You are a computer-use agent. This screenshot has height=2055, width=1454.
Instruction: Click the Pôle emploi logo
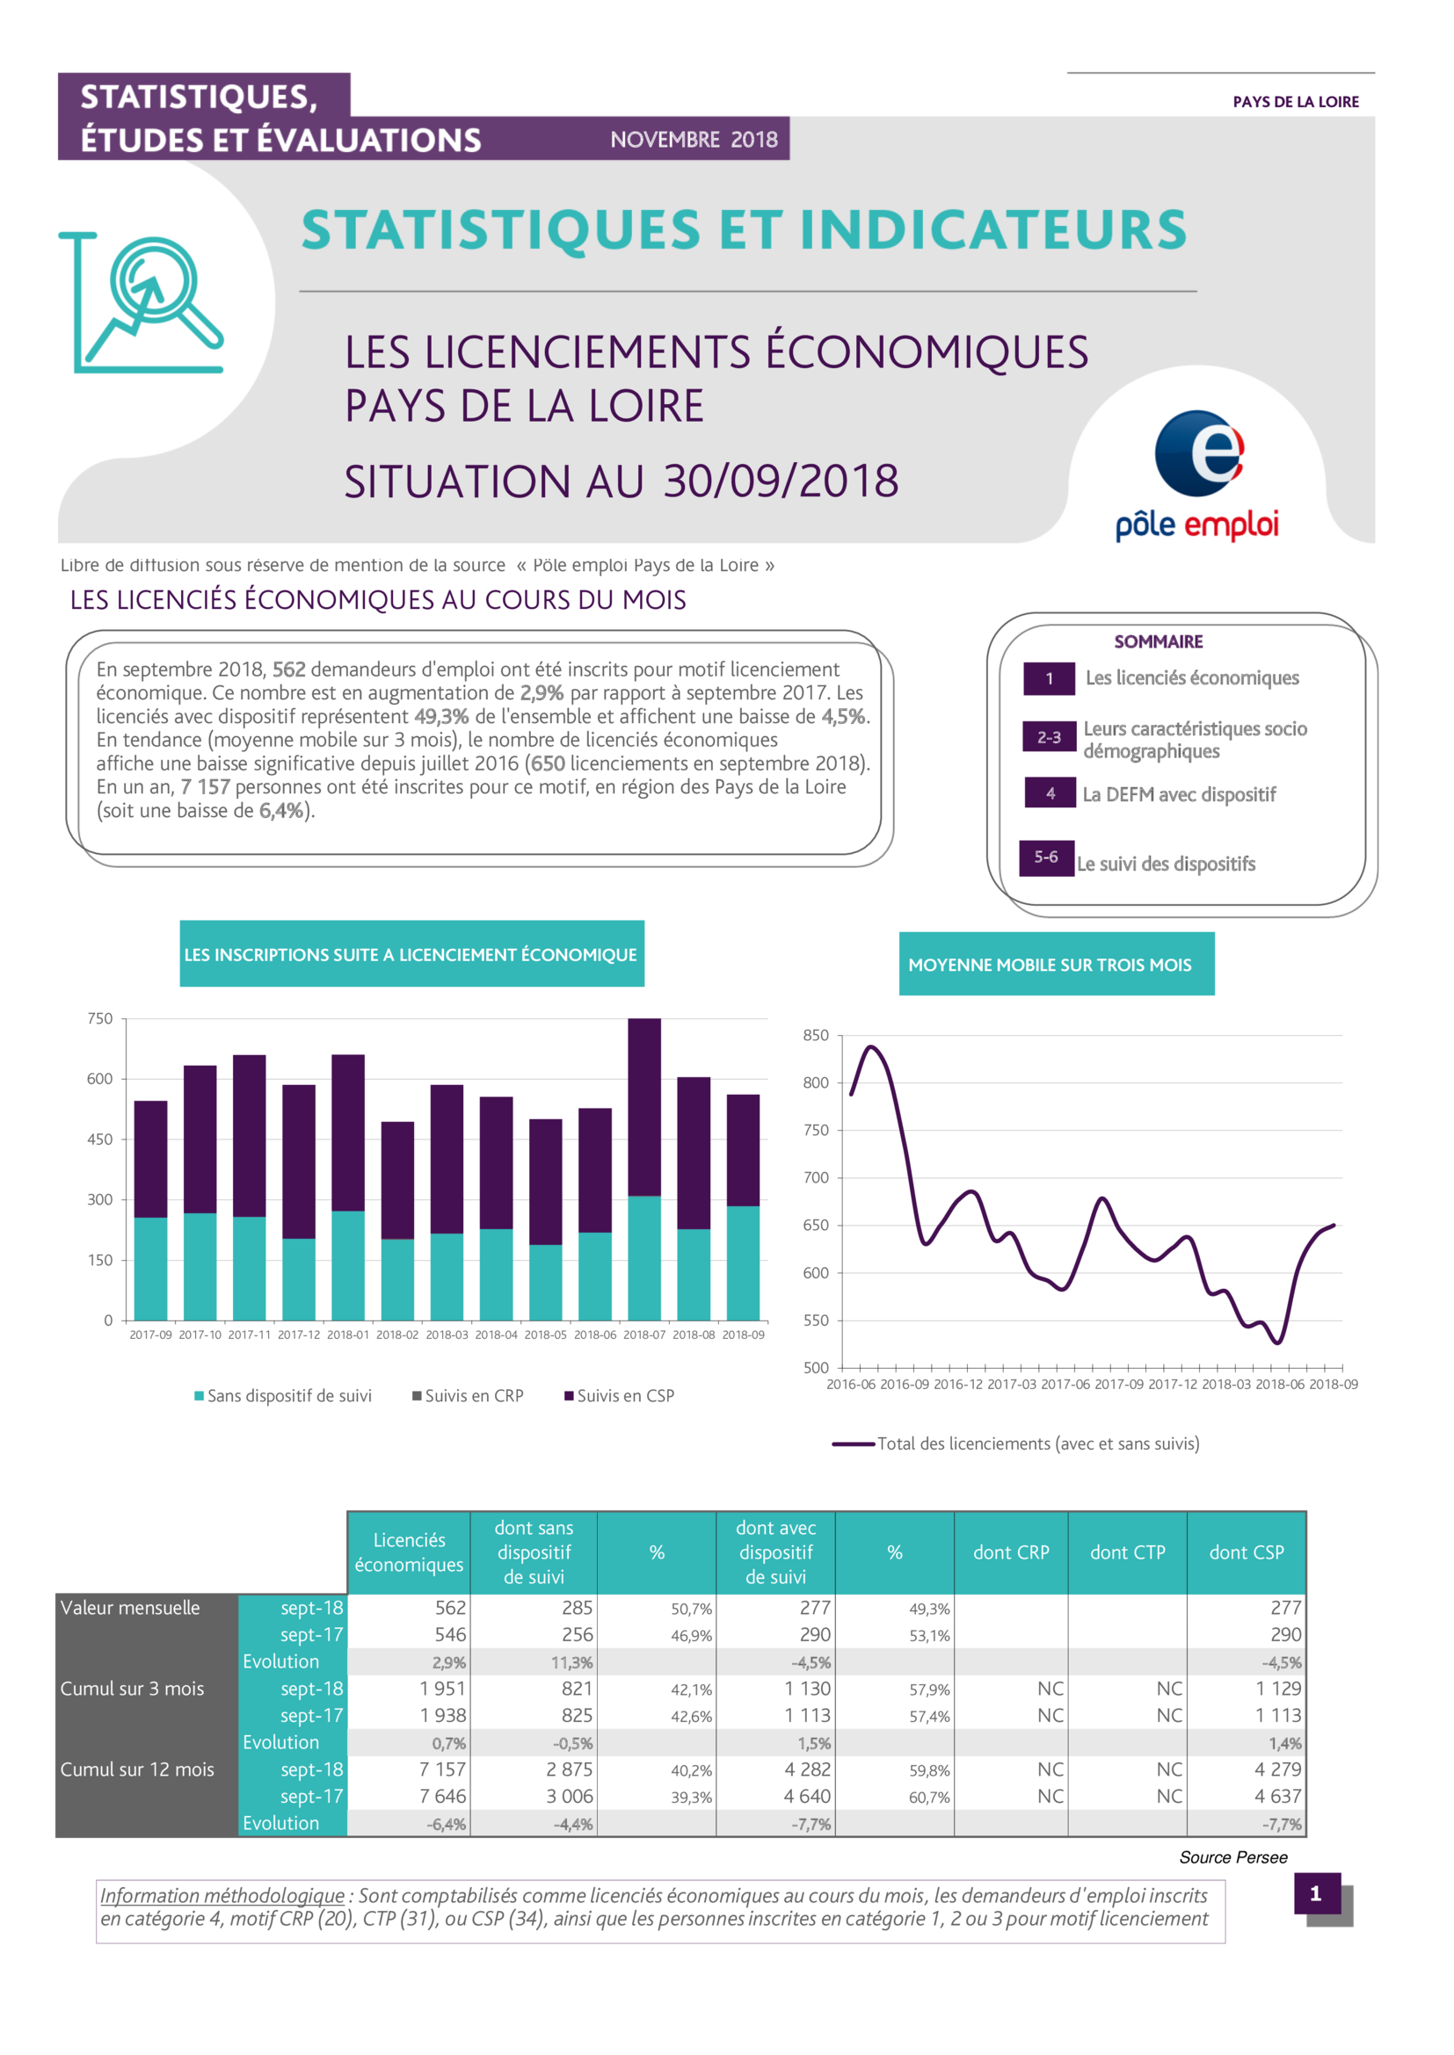click(x=1197, y=475)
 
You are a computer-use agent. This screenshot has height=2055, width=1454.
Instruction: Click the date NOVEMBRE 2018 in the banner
click(x=694, y=140)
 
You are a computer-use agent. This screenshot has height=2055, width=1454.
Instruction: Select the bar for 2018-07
click(x=643, y=1169)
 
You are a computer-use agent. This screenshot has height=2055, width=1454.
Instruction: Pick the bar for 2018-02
click(x=397, y=1221)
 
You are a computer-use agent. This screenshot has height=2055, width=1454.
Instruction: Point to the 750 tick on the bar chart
click(x=100, y=1018)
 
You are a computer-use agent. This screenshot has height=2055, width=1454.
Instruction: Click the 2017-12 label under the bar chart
click(x=298, y=1335)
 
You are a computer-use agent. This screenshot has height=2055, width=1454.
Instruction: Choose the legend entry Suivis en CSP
click(x=619, y=1395)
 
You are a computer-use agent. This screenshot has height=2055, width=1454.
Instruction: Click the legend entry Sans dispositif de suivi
click(x=283, y=1395)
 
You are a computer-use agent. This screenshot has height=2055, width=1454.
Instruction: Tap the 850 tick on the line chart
click(x=816, y=1036)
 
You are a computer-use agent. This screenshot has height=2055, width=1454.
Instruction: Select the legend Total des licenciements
click(x=1015, y=1444)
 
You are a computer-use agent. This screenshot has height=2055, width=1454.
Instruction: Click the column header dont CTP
click(x=1127, y=1552)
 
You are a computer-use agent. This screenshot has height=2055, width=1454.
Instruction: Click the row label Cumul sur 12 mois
click(x=137, y=1769)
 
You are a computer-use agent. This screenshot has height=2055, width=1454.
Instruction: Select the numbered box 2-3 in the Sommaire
click(x=1050, y=736)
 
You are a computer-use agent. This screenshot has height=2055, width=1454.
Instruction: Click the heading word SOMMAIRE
click(x=1159, y=641)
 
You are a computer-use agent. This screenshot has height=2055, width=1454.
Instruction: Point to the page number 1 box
click(x=1317, y=1893)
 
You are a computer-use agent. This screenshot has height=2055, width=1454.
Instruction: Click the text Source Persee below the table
click(x=1232, y=1857)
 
